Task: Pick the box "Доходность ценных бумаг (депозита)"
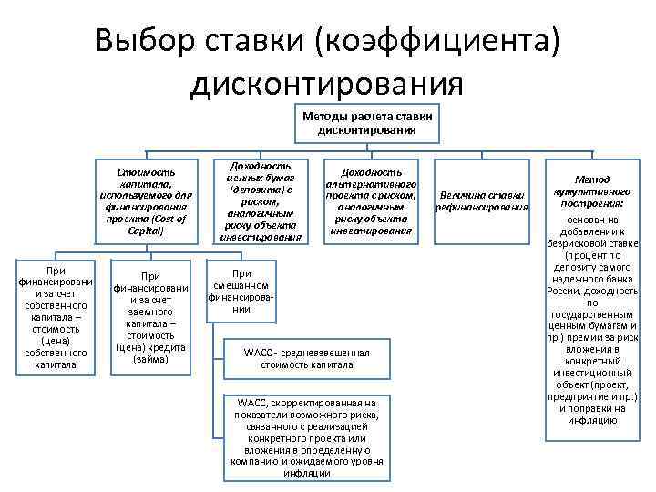[x=261, y=202]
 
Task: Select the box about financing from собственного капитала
[x=56, y=318]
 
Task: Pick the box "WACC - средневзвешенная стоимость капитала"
[x=307, y=359]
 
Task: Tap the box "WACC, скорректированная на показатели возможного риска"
[x=307, y=437]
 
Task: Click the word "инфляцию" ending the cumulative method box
[x=592, y=420]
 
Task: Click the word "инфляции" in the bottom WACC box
[x=307, y=473]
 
